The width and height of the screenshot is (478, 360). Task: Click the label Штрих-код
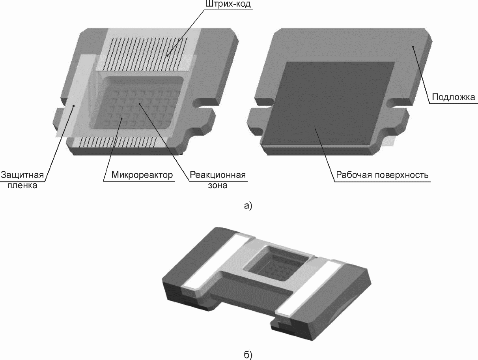click(x=228, y=4)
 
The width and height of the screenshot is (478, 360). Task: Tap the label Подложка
click(x=454, y=97)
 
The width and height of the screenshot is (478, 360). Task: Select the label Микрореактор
click(x=142, y=175)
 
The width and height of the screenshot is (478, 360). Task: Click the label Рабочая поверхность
click(x=382, y=175)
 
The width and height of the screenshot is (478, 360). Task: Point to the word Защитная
click(x=22, y=175)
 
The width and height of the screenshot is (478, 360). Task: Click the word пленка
click(x=22, y=186)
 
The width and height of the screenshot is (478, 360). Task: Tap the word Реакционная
click(x=218, y=175)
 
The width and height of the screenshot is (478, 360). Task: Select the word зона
click(x=218, y=186)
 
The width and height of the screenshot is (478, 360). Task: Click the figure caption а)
click(x=248, y=206)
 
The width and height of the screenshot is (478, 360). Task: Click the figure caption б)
click(x=248, y=355)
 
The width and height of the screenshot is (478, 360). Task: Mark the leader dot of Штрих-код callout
click(x=167, y=56)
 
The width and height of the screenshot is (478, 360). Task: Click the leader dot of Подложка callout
click(x=413, y=46)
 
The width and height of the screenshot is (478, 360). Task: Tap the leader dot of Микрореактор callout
click(x=121, y=118)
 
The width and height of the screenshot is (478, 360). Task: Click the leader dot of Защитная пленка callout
click(x=74, y=106)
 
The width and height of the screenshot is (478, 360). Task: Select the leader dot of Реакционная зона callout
click(x=139, y=104)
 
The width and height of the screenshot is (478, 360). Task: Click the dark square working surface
click(x=329, y=103)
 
